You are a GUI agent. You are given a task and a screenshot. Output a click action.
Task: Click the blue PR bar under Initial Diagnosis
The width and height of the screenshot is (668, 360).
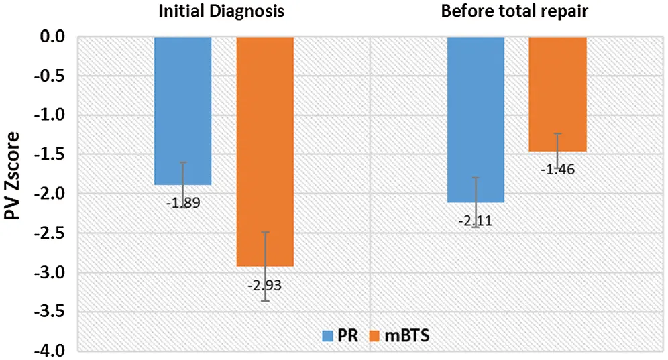(x=183, y=111)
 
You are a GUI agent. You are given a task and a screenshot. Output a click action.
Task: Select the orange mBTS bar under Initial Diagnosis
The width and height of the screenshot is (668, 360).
(x=265, y=151)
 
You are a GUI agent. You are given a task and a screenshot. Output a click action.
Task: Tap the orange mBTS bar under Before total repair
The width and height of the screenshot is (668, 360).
(x=557, y=94)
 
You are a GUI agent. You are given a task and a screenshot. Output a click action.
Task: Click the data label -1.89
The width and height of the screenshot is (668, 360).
(x=183, y=202)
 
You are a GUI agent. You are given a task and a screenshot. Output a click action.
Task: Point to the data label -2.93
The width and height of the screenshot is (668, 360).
(x=265, y=286)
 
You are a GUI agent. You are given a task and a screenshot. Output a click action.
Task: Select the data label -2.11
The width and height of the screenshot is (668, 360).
(x=476, y=221)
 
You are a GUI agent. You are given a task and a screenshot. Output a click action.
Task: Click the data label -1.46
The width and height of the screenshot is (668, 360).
(x=557, y=170)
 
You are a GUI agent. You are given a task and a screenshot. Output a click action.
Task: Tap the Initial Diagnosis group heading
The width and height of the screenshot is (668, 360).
(x=221, y=12)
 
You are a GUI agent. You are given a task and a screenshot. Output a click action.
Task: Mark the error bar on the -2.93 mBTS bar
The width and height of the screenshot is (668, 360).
(x=265, y=267)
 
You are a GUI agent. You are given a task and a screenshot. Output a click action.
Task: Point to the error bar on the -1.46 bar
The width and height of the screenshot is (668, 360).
(x=557, y=151)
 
